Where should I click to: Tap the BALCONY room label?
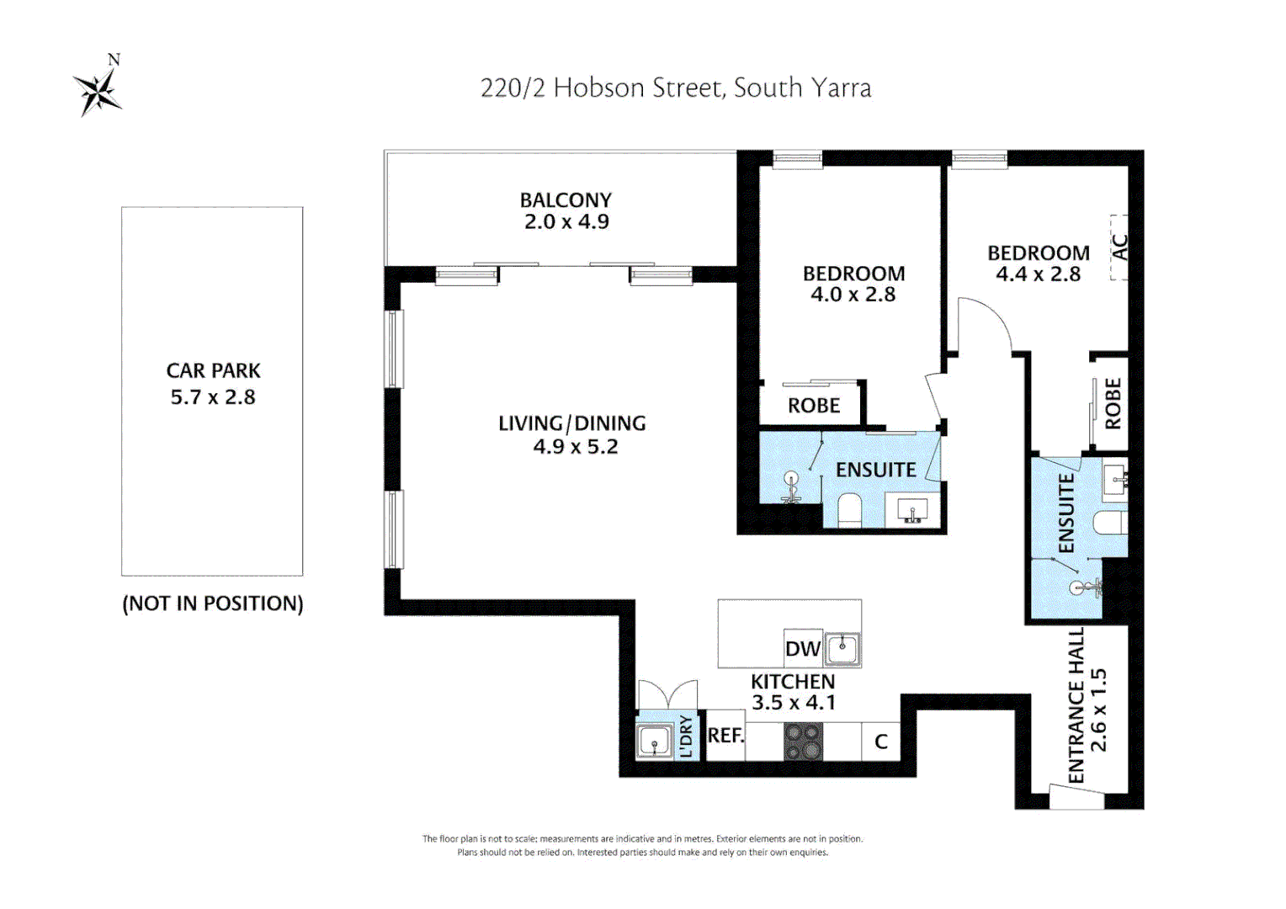tap(566, 200)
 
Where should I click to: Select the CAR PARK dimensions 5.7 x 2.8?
tap(213, 397)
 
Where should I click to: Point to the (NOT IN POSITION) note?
tap(213, 603)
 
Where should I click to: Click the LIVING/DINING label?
tap(572, 423)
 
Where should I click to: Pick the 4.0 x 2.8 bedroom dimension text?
tap(853, 295)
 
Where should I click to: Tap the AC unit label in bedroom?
tap(1119, 247)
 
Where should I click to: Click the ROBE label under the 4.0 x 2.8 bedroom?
tap(814, 406)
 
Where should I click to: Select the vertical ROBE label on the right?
tap(1113, 404)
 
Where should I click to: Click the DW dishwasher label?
tap(802, 649)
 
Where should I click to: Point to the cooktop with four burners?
tap(803, 742)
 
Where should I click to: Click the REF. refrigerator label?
tap(725, 736)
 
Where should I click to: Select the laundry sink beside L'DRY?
tap(655, 742)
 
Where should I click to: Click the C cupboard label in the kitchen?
tap(881, 742)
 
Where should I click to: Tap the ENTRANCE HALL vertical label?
tap(1076, 705)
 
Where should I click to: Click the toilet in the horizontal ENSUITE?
tap(850, 510)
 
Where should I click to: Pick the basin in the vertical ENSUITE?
tap(1114, 479)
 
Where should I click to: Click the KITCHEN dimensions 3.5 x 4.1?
tap(794, 703)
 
